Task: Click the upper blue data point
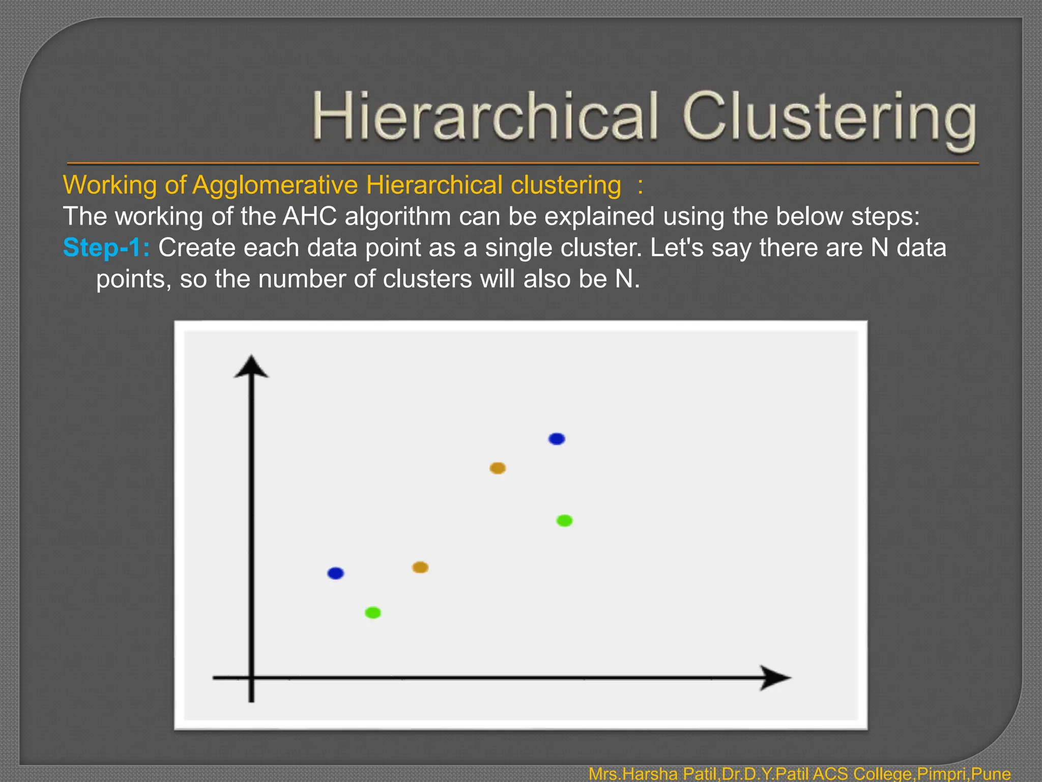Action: [557, 438]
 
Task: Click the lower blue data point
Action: [335, 573]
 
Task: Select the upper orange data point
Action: [497, 468]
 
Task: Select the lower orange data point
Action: [420, 567]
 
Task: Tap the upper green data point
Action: [564, 520]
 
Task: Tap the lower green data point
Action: [373, 612]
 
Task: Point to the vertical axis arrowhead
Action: [251, 367]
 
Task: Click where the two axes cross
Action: [251, 678]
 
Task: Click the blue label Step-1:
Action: [106, 248]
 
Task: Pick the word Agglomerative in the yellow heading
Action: [275, 185]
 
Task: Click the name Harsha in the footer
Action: [650, 774]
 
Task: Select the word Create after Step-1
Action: [196, 248]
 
